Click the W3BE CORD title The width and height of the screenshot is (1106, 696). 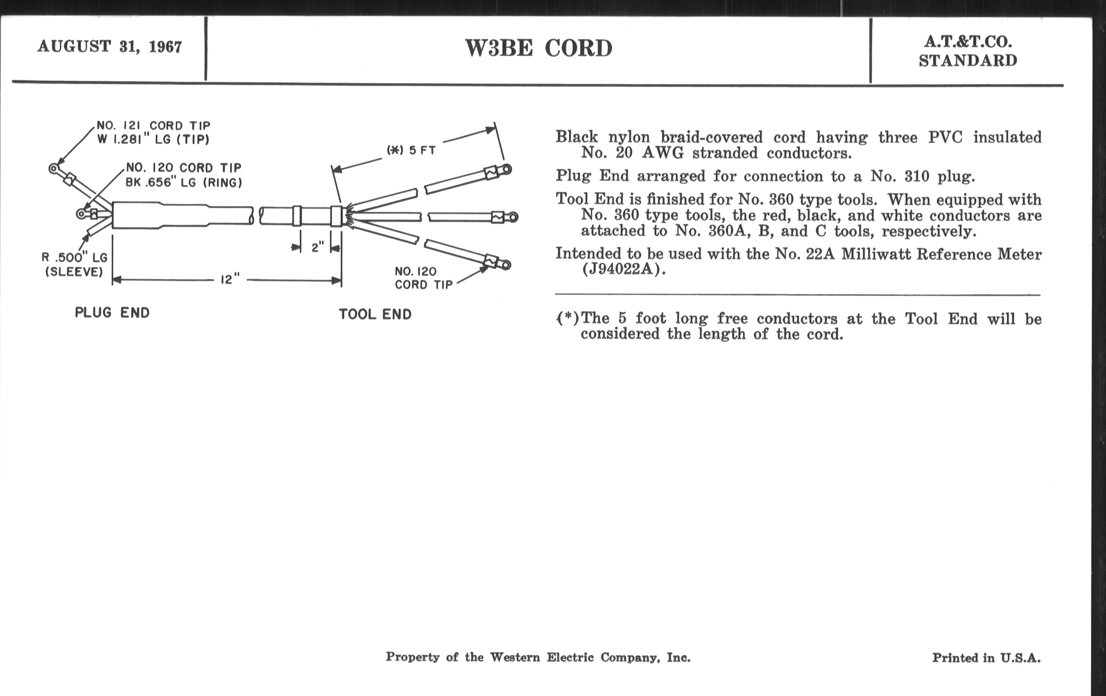538,49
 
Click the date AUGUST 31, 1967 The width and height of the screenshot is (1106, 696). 110,46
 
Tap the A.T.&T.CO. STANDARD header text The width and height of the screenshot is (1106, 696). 968,51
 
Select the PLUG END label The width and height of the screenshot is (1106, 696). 112,313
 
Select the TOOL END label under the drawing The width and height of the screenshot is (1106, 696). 375,314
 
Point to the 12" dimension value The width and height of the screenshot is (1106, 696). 230,279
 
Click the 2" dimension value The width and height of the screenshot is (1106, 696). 318,247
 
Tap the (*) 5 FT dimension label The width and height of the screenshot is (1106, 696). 411,150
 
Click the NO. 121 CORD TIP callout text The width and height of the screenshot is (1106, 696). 153,126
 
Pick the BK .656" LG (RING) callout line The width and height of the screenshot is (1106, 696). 184,182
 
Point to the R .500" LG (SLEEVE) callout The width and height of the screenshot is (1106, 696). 75,264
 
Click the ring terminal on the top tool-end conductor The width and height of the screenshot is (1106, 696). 506,169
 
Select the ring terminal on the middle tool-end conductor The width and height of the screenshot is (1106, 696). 513,217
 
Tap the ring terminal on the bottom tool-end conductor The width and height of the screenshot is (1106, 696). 505,265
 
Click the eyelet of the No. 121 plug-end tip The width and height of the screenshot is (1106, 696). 53,169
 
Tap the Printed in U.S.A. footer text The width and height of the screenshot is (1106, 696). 986,658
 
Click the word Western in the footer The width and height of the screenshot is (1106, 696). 515,657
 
